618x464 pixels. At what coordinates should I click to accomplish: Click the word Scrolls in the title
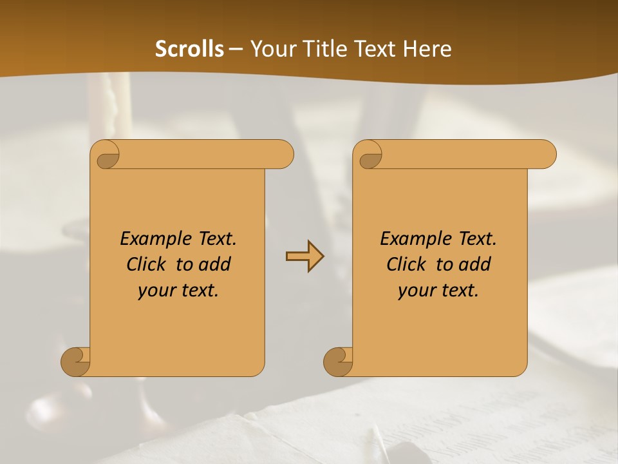189,49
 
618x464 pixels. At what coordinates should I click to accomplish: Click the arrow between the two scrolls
304,256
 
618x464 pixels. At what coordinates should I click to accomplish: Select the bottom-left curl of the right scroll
338,362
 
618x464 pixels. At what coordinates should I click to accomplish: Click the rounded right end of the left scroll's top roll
283,155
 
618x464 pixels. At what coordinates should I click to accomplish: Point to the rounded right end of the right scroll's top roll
546,155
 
